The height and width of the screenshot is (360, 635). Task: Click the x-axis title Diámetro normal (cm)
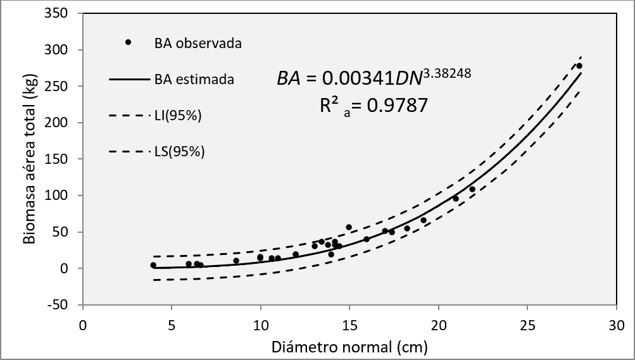click(x=349, y=347)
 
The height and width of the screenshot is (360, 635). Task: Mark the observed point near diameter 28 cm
click(x=579, y=66)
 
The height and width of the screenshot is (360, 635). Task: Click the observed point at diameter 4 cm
click(x=153, y=265)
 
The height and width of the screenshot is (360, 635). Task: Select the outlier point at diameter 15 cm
click(x=349, y=227)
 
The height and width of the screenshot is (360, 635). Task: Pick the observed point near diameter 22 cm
click(x=472, y=189)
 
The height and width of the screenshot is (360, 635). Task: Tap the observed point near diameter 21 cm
click(x=455, y=199)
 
